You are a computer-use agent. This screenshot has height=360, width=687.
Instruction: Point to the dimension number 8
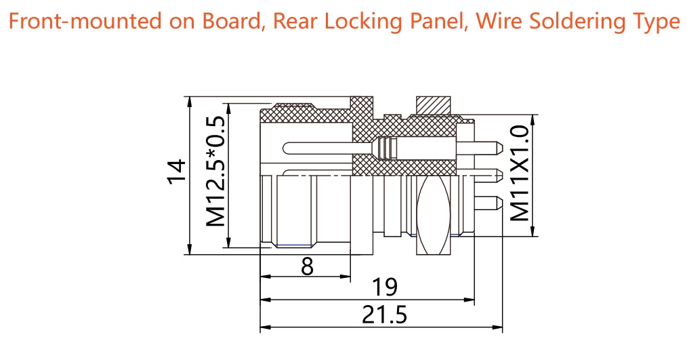(x=307, y=266)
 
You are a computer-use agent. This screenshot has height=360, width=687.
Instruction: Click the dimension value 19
(x=384, y=288)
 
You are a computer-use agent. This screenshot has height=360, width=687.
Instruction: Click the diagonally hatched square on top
(x=434, y=106)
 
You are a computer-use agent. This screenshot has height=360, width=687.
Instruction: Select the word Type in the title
(x=654, y=22)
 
